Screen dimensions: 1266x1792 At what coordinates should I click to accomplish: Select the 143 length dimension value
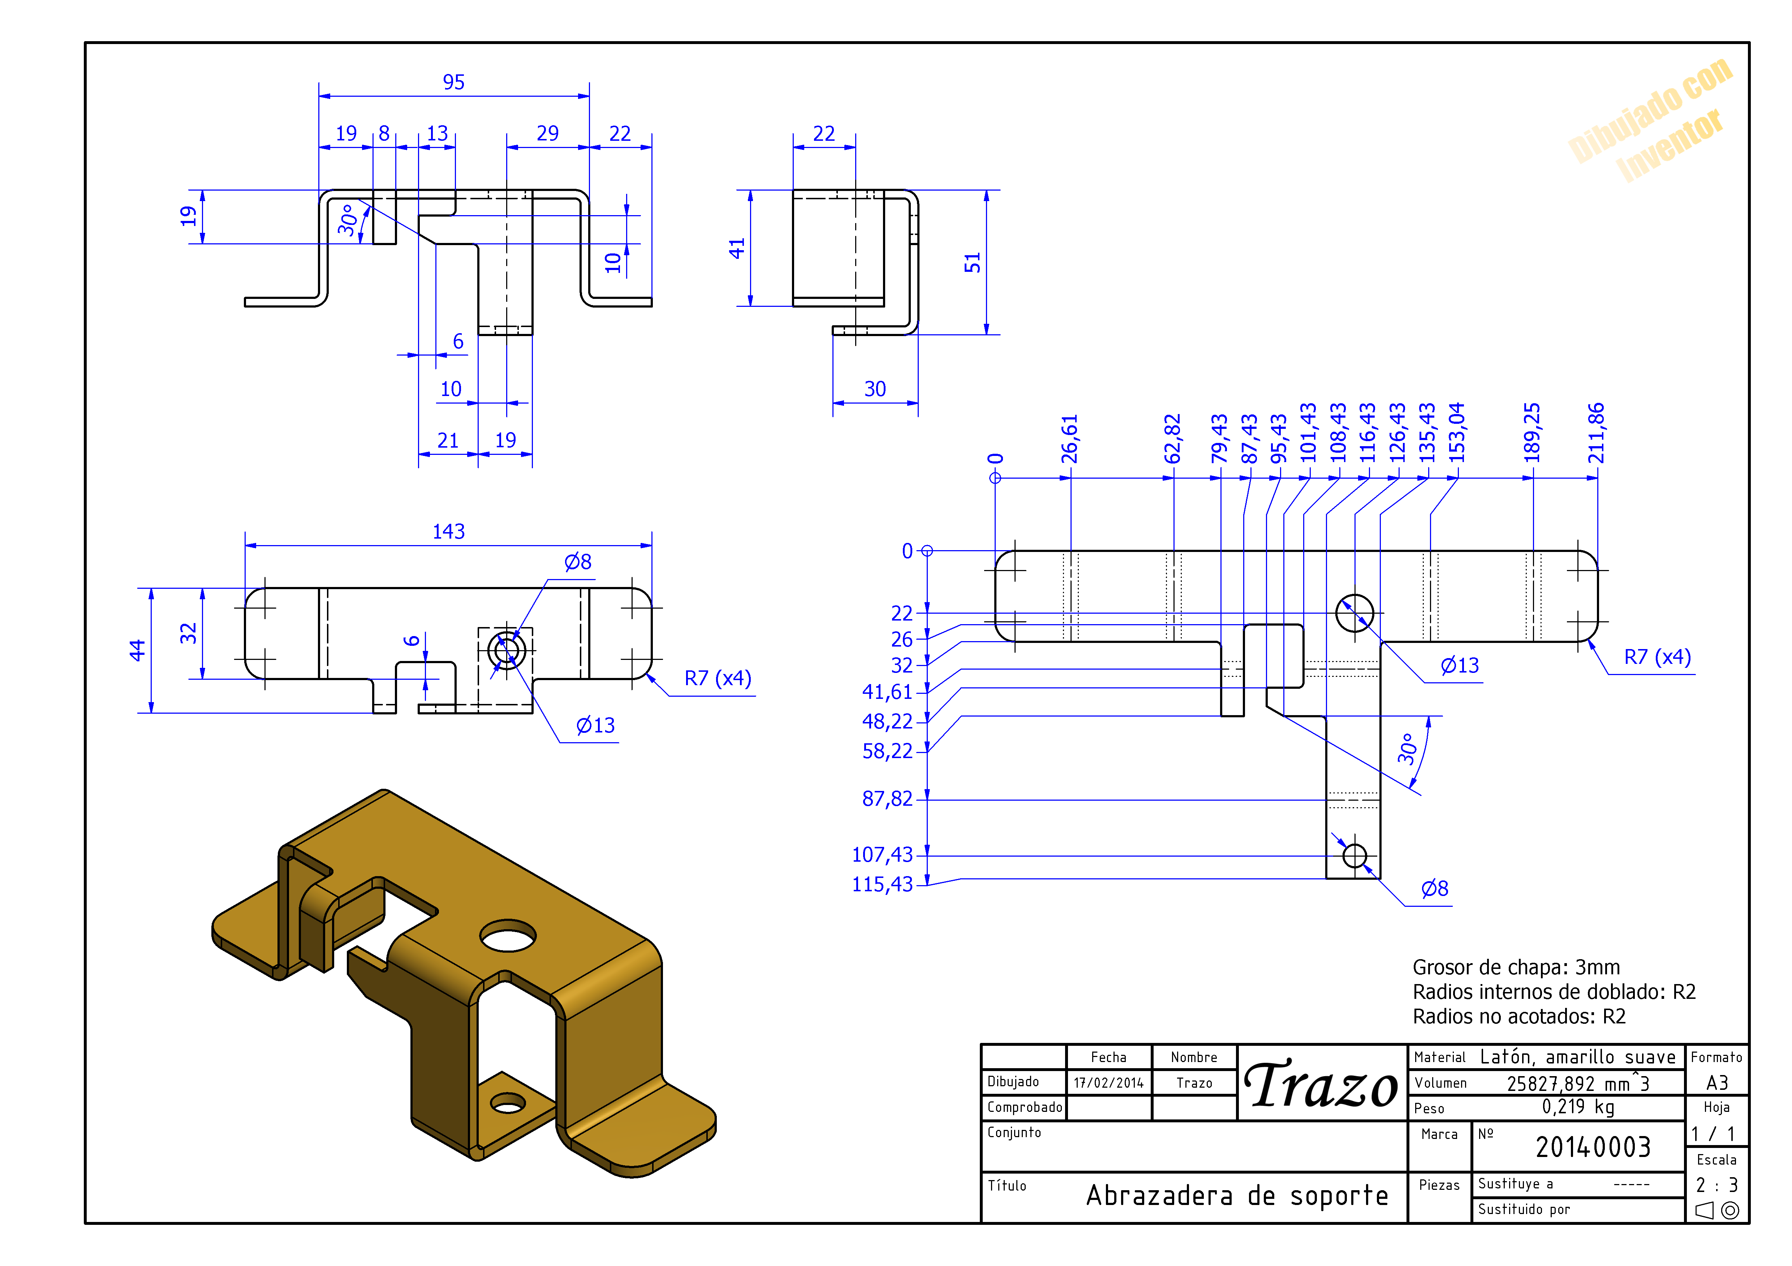[449, 532]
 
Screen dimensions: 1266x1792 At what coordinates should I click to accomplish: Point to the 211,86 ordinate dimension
[1596, 433]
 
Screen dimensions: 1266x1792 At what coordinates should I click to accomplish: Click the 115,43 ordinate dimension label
[882, 884]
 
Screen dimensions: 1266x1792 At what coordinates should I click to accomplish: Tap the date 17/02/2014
[1108, 1083]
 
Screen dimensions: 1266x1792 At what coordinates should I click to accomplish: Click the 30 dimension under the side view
[875, 389]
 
